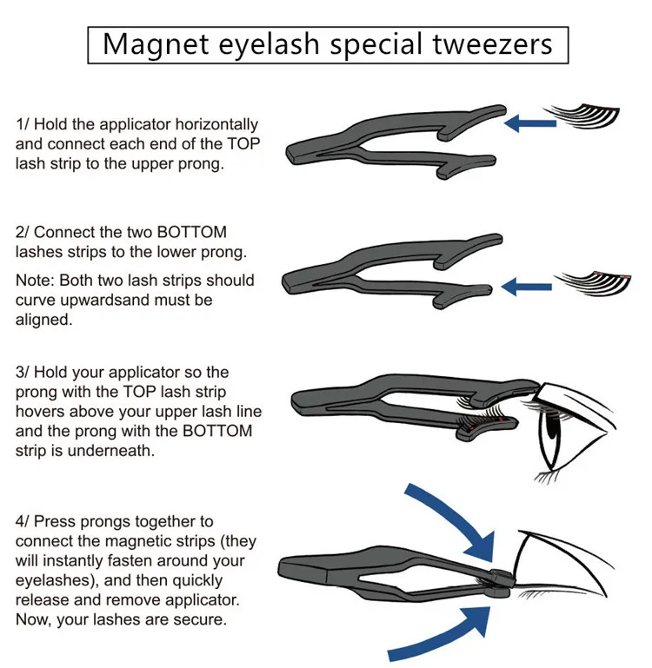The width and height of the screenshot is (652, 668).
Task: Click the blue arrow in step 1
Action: click(530, 125)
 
